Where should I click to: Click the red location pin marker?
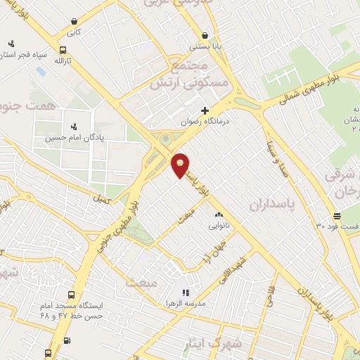181,164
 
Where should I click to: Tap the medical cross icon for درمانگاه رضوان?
205,110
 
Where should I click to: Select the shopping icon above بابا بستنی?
205,35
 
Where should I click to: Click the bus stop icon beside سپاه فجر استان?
63,50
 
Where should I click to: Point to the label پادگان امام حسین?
71,138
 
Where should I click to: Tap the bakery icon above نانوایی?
218,215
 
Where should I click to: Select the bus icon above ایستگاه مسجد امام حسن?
70,295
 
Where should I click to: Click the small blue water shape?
40,70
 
